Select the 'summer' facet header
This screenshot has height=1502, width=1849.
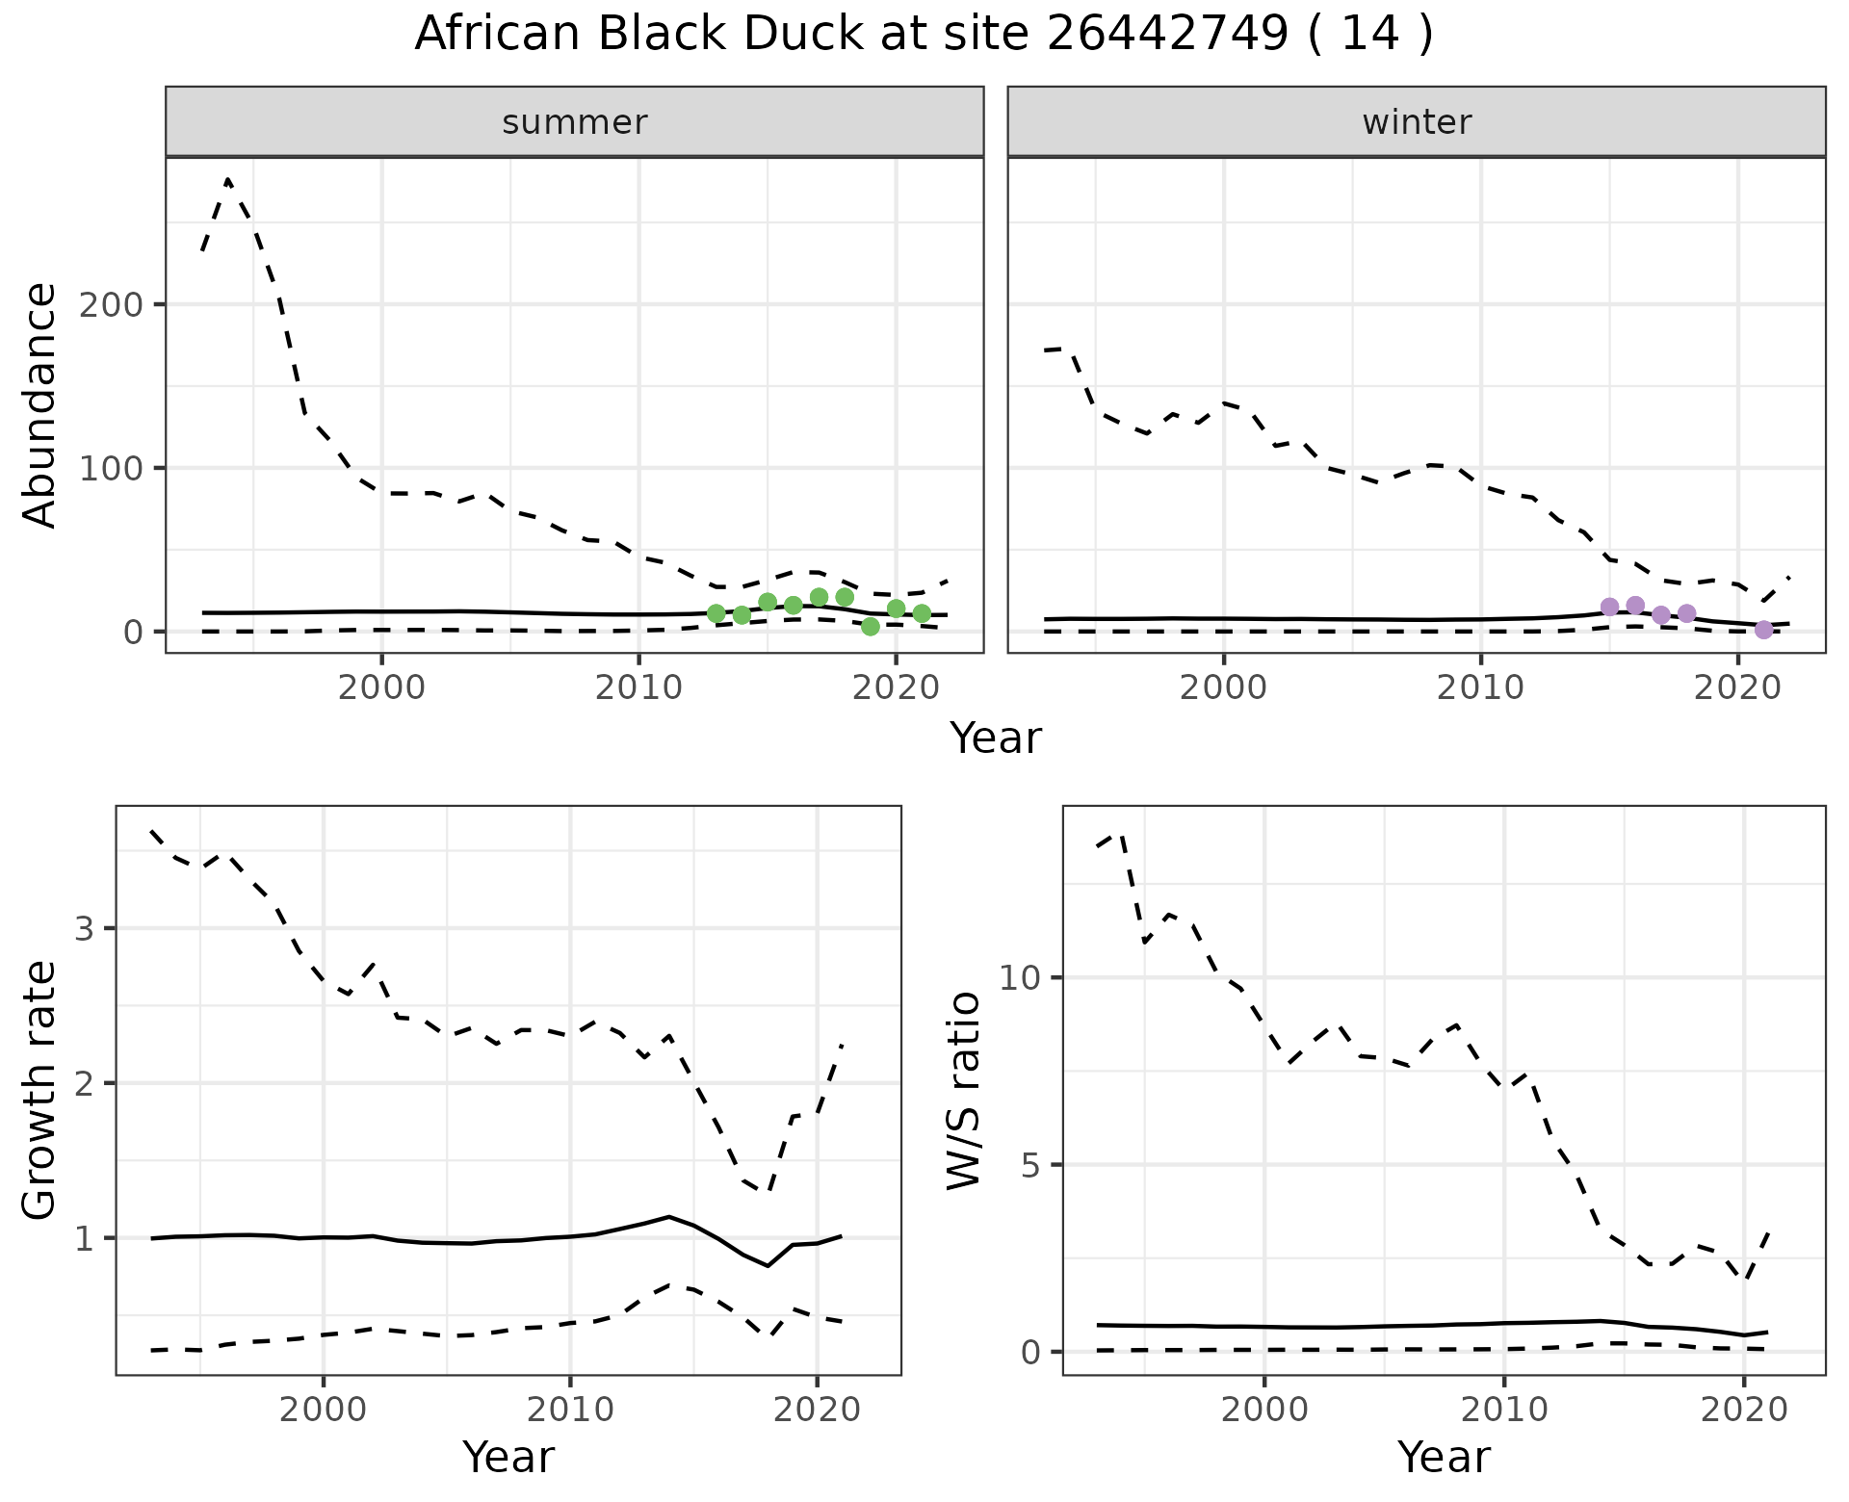click(574, 122)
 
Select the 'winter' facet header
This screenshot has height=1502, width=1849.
click(1416, 122)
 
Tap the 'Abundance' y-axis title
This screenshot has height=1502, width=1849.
click(40, 405)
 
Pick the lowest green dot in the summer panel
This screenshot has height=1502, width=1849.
click(871, 627)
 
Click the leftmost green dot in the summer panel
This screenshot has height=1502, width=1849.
click(716, 613)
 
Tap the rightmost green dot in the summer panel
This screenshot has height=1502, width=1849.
click(922, 613)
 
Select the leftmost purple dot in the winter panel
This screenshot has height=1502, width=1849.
click(1609, 607)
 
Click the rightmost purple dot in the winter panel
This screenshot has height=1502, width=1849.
click(1763, 630)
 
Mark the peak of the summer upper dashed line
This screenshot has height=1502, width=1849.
click(227, 179)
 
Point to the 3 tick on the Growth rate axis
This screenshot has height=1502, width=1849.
click(84, 929)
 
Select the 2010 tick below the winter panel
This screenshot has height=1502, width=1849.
click(1480, 688)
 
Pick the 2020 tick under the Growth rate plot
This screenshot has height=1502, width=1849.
click(817, 1411)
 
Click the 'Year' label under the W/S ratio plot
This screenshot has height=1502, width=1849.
click(1444, 1457)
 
